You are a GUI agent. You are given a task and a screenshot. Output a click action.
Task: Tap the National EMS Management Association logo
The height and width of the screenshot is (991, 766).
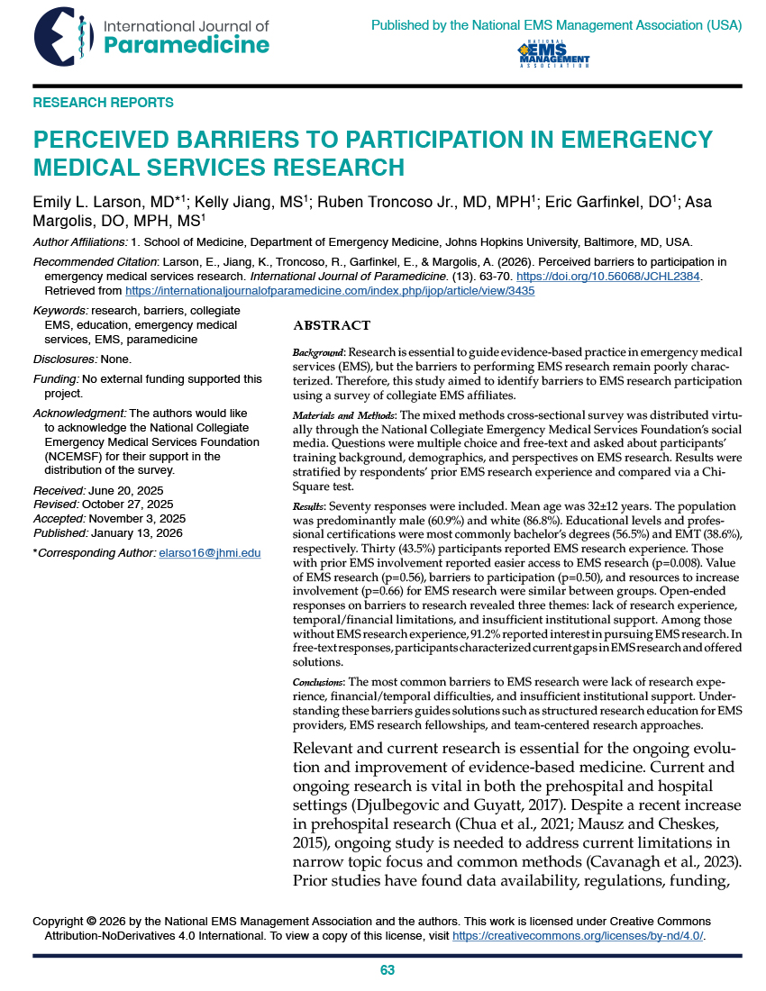553,55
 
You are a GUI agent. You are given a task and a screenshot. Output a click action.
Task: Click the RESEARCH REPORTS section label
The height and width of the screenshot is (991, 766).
104,103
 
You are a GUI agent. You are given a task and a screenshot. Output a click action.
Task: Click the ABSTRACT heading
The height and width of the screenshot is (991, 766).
333,325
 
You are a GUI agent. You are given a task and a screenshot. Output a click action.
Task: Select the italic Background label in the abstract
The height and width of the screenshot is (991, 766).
320,350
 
